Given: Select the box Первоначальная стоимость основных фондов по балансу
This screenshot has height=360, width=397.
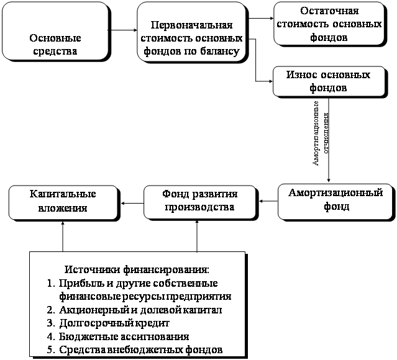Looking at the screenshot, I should tap(191, 38).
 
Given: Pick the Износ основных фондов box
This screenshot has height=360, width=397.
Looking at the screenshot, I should tap(329, 81).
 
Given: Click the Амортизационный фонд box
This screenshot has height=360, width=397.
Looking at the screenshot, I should tap(335, 200).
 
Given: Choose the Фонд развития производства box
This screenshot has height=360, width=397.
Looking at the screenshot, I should tap(199, 201).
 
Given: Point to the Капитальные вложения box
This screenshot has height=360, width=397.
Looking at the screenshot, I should tap(63, 201).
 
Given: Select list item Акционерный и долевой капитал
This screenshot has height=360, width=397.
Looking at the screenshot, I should tap(140, 309).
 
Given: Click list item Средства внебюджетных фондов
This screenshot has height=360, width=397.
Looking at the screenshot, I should tap(141, 350).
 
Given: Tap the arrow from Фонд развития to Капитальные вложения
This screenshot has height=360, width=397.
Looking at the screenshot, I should tap(131, 201).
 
